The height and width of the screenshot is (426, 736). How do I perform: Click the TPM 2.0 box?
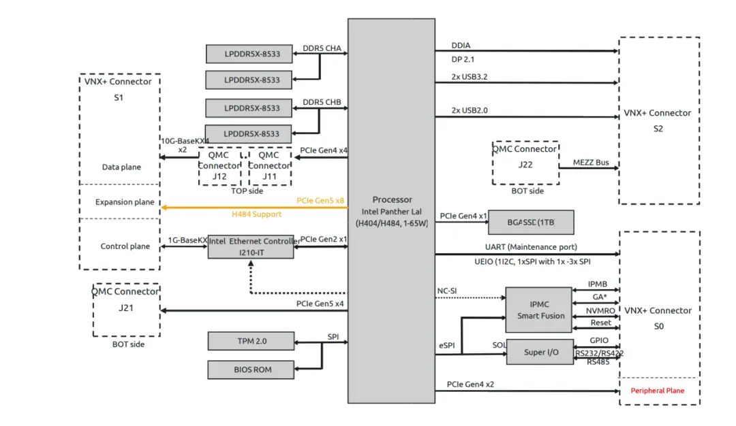click(x=251, y=340)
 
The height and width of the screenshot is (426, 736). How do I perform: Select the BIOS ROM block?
click(x=251, y=370)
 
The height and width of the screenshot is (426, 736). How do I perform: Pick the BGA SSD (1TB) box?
click(x=531, y=223)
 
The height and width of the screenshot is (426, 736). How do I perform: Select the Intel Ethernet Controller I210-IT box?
click(x=251, y=246)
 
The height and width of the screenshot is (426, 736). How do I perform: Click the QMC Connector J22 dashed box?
click(x=525, y=163)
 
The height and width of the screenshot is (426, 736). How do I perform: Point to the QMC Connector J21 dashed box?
click(x=126, y=310)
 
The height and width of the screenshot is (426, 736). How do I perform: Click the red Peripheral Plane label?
click(x=657, y=391)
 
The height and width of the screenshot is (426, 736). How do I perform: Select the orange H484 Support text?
click(x=256, y=214)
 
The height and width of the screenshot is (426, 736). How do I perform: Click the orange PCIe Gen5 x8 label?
click(x=320, y=201)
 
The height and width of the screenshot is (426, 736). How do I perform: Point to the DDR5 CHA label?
click(x=322, y=48)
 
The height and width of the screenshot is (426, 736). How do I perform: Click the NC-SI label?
click(x=447, y=291)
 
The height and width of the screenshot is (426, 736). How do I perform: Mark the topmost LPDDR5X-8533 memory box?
click(x=251, y=53)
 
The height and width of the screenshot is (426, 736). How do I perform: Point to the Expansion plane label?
click(x=125, y=202)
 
